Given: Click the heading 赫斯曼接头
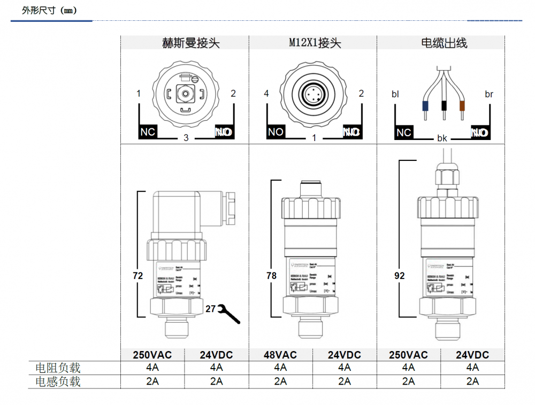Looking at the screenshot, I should (184, 43).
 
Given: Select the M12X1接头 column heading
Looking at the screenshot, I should (312, 43).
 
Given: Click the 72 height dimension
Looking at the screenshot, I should (138, 276).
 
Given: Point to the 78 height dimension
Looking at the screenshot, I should (271, 276).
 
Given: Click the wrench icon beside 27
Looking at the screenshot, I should (230, 314).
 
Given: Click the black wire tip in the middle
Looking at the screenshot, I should (444, 105).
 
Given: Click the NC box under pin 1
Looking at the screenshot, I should (148, 132).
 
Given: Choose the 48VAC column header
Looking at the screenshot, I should (280, 355).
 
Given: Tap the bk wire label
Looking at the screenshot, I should (442, 138).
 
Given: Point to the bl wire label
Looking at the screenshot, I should (395, 95).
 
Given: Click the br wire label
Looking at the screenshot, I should (489, 95).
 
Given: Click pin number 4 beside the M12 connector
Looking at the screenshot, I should (266, 94).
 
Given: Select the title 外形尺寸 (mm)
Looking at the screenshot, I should (50, 10).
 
